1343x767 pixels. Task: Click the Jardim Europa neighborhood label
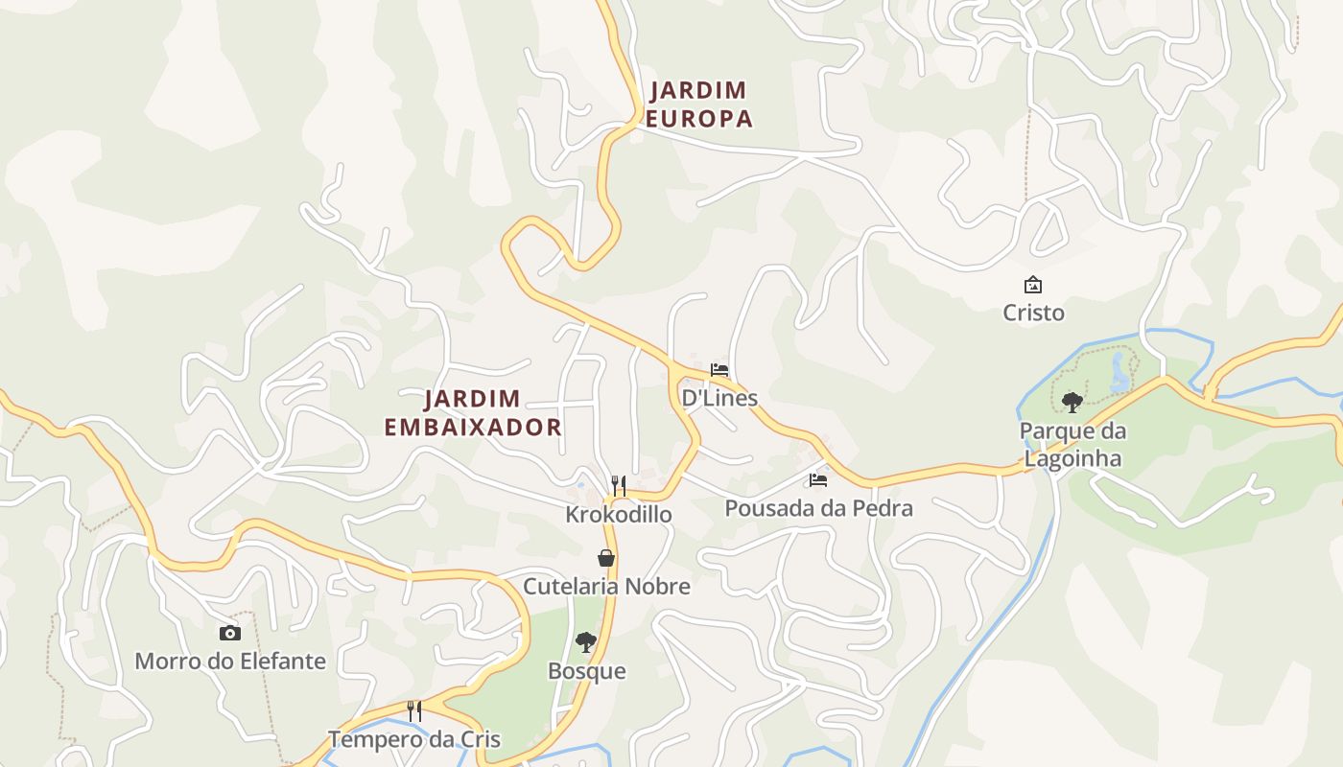tap(698, 105)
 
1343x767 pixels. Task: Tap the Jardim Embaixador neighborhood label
tap(473, 413)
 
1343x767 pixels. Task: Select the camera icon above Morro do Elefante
tap(229, 633)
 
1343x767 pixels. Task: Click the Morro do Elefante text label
tap(230, 662)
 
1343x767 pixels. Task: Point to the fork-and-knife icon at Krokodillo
tap(619, 486)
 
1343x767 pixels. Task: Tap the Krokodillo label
tap(619, 515)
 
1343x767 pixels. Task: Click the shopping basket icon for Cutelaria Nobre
tap(606, 558)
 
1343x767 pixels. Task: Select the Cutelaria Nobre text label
tap(606, 586)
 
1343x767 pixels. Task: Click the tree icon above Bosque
tap(586, 642)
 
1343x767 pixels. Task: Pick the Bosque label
tap(586, 671)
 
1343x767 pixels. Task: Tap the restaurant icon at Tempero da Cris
tap(414, 711)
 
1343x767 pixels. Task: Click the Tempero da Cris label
tap(414, 740)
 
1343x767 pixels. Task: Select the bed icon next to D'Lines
tap(719, 370)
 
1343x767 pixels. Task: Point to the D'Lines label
tap(719, 398)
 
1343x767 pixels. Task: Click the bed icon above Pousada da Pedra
tap(818, 479)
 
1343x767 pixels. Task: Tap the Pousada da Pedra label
tap(818, 508)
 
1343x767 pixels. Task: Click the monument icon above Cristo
tap(1033, 285)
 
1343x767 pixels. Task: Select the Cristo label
tap(1033, 314)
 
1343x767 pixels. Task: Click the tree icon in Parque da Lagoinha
tap(1072, 402)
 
